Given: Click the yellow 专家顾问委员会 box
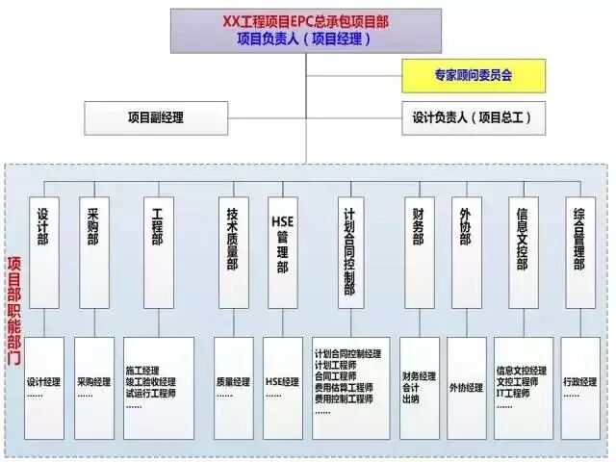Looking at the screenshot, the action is [x=473, y=75].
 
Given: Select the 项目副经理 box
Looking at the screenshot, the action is [x=155, y=117].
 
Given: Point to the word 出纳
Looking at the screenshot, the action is [x=412, y=398].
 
